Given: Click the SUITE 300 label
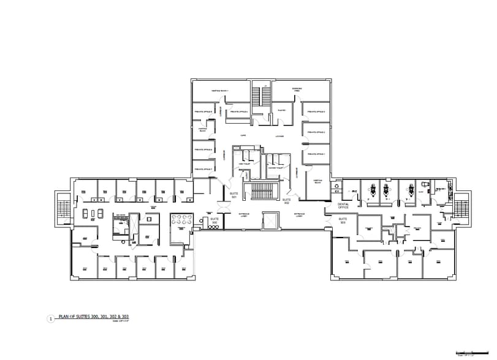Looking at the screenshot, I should (214, 220).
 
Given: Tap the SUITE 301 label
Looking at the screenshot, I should (233, 195).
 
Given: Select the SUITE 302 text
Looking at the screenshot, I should (286, 201).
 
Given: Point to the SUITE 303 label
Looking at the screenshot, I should (343, 219).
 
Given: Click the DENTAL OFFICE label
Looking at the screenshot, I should (343, 206).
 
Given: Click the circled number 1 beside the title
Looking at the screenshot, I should (50, 318).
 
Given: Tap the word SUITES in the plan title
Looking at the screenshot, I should (81, 317).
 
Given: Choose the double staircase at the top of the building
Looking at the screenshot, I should (262, 96).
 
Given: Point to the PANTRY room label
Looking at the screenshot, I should (281, 110).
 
